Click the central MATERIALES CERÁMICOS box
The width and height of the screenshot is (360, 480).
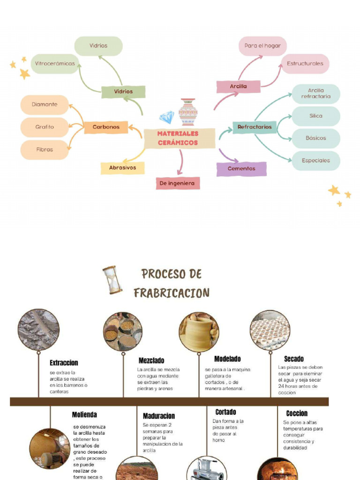178,138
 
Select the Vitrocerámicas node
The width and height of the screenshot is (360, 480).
55,64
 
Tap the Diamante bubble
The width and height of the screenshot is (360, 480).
45,105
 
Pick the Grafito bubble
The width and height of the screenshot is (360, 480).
45,127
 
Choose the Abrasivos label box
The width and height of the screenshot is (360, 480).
123,168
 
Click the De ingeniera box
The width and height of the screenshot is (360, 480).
178,183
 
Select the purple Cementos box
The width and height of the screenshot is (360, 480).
241,169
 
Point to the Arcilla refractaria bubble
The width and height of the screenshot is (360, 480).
316,94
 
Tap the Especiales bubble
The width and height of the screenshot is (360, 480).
316,160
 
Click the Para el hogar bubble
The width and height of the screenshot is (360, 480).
262,46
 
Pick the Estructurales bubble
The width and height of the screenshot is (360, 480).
305,64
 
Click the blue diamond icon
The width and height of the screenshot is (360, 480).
166,117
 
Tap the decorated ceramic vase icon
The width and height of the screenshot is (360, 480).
188,112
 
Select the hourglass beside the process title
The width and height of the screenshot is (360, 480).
112,280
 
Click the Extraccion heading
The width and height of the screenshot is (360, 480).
64,363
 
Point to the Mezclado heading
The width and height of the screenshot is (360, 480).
151,360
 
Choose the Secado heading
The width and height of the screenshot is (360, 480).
294,359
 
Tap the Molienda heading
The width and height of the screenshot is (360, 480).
84,415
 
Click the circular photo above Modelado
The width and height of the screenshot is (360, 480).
199,332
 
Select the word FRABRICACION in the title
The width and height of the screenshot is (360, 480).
172,293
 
